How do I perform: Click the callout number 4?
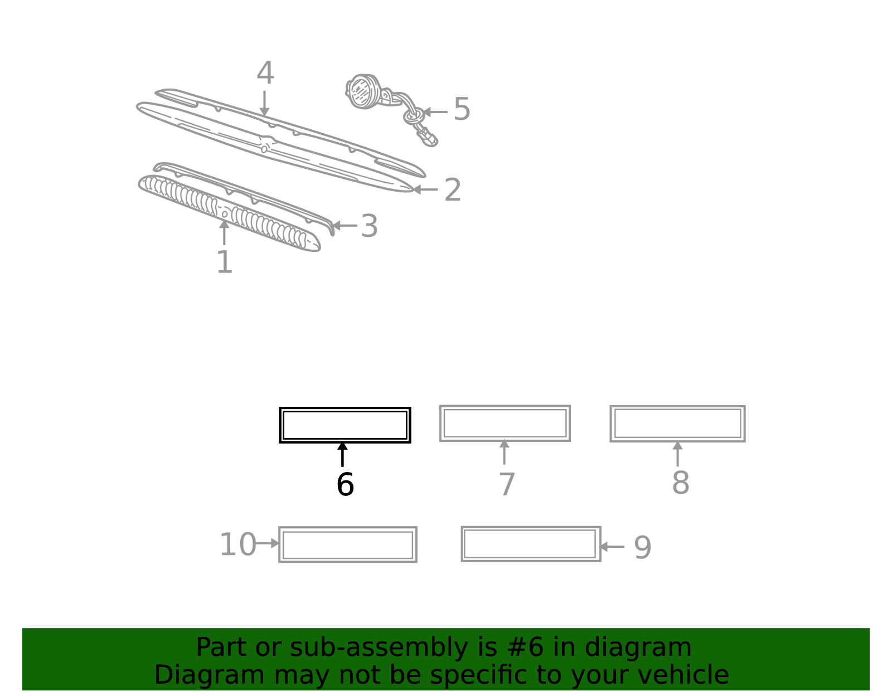[x=265, y=73]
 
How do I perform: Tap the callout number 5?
[x=462, y=109]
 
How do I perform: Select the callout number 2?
[x=452, y=190]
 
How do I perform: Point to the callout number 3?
[x=369, y=226]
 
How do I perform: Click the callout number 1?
[x=225, y=262]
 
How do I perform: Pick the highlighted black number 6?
[x=345, y=484]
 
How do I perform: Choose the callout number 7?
[x=507, y=484]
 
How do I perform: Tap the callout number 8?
[x=681, y=483]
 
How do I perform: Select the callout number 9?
[x=643, y=548]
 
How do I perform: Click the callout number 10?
[x=238, y=544]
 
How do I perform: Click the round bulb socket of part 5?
[x=363, y=91]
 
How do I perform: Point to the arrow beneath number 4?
[x=264, y=103]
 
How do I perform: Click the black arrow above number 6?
[x=342, y=454]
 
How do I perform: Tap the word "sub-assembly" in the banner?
[x=379, y=648]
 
